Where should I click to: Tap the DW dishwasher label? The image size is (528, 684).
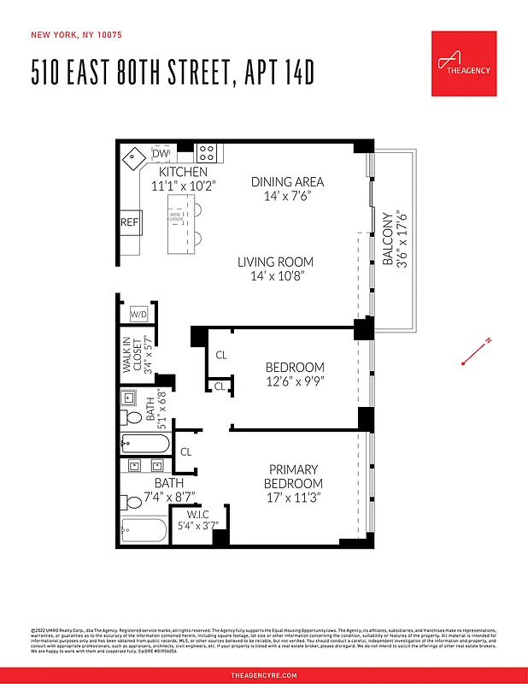pos(161,153)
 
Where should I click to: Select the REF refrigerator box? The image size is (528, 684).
pos(129,222)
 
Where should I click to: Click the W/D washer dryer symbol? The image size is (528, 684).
pos(138,315)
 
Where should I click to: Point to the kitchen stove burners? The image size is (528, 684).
pos(206,153)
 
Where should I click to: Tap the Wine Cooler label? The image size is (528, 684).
pos(176,217)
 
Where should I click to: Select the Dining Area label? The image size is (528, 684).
pos(287,181)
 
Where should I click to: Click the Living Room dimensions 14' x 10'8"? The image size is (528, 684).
pos(275,276)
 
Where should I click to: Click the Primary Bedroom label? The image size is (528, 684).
pos(293,476)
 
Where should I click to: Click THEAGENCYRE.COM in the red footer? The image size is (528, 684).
pos(264,675)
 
